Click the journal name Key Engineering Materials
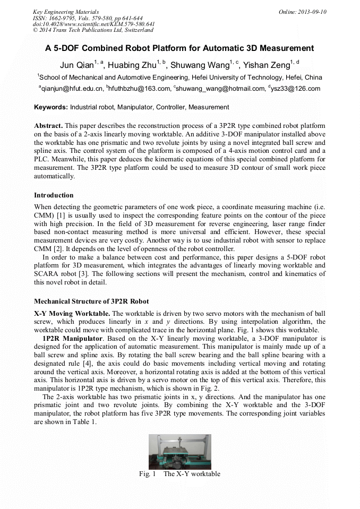66,12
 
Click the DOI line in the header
93,24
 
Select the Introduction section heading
54,195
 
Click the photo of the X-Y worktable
179,452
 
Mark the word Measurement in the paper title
282,48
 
